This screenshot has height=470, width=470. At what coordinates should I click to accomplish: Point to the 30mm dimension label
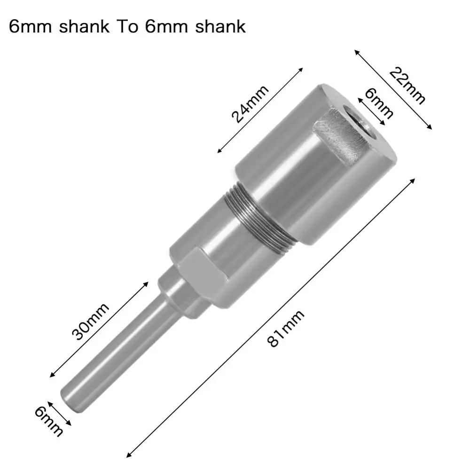tap(90, 321)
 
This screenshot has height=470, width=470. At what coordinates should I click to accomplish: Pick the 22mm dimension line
tap(393, 89)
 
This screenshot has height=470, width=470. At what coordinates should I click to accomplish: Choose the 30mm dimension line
tap(96, 329)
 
